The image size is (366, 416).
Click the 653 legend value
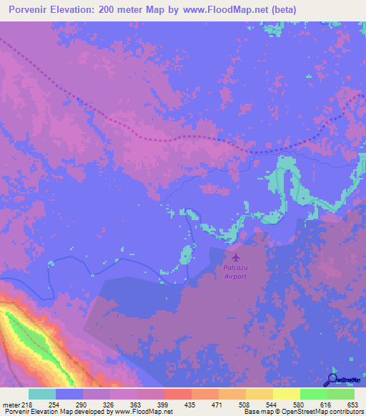353,405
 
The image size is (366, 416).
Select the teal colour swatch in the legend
42,394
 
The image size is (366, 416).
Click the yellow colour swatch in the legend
287,394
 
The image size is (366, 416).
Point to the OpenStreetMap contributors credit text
326,412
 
